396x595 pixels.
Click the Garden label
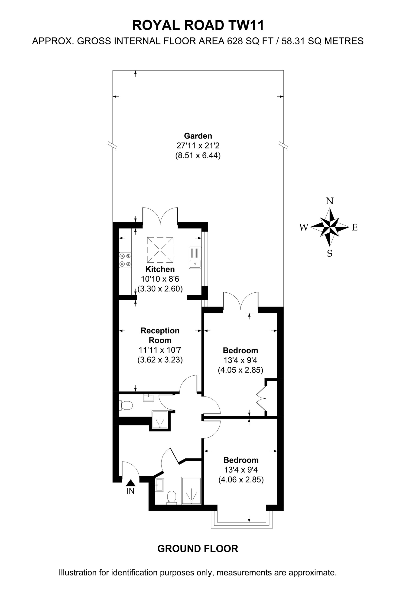(198, 136)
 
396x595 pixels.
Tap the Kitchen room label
(160, 269)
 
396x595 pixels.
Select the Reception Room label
(160, 335)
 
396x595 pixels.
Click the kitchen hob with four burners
(125, 260)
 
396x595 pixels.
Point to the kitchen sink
(195, 258)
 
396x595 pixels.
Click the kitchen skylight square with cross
(160, 250)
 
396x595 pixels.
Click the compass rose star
(330, 227)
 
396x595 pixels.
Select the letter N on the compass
(330, 201)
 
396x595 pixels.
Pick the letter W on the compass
(304, 228)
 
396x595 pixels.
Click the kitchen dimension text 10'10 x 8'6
(160, 279)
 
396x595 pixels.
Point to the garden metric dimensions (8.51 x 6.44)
(198, 155)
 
